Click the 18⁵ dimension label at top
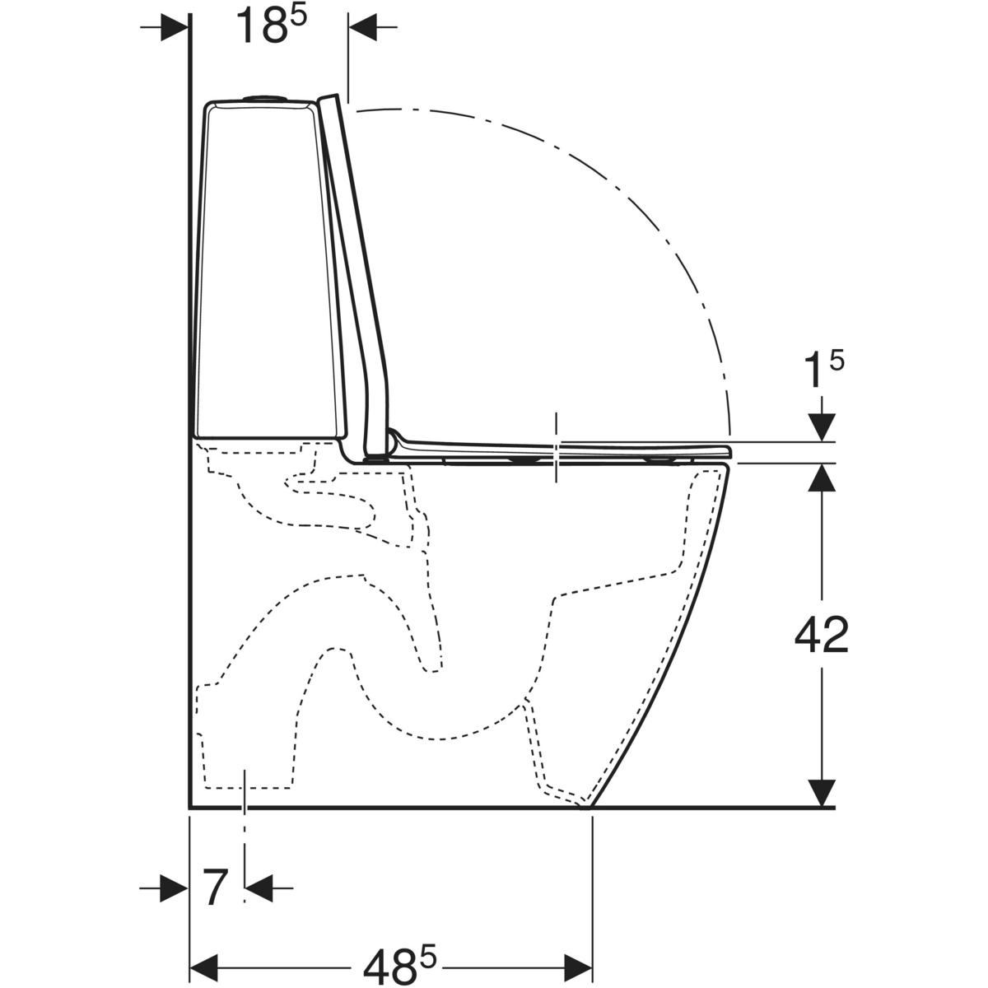[x=271, y=26]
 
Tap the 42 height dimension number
[x=822, y=636]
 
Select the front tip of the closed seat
[x=729, y=452]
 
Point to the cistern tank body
[x=269, y=269]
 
